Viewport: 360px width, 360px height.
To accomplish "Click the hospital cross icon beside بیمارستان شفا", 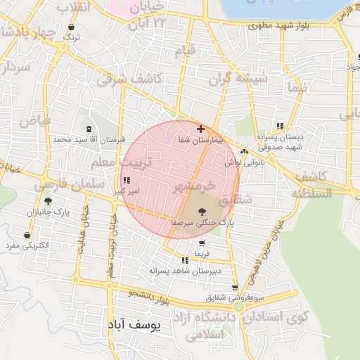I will [201, 129].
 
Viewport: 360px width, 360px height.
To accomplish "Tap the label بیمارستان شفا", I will [200, 141].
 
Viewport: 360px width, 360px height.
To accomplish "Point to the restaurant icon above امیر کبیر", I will [126, 181].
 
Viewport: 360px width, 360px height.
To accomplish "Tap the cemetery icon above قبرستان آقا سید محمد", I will [89, 129].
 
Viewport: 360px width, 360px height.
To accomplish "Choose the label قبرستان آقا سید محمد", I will [89, 140].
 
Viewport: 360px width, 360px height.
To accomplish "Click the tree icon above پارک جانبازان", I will [48, 201].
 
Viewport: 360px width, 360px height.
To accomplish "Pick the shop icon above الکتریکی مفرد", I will [27, 235].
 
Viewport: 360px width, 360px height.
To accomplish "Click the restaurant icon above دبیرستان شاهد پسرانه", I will [185, 260].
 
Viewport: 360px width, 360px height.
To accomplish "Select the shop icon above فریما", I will [202, 243].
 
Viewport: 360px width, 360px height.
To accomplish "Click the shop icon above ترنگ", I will [70, 27].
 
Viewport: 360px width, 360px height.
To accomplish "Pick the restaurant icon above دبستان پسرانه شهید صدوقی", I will [280, 125].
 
